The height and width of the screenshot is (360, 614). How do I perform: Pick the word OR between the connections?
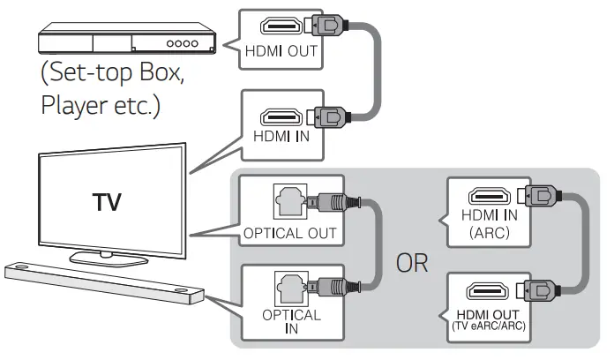coord(411,264)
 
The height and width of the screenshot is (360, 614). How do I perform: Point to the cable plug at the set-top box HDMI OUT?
coord(337,27)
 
